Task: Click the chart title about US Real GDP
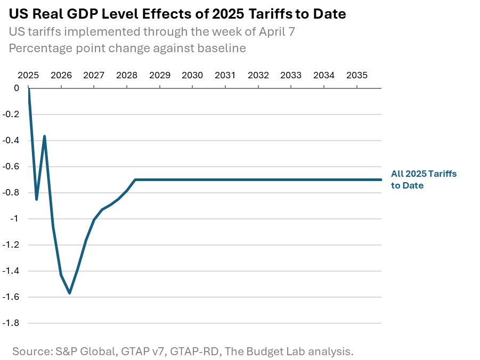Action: (177, 14)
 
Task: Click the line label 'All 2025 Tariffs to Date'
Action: (424, 179)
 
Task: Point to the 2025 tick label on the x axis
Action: (28, 75)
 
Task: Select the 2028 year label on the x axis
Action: (127, 75)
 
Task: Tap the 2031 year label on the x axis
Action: (225, 75)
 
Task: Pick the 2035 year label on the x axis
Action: (357, 75)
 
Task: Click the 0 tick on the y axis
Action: (16, 88)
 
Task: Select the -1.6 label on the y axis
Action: (12, 297)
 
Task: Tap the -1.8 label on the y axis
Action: (12, 323)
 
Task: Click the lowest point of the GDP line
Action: (69, 293)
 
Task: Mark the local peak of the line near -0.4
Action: (45, 136)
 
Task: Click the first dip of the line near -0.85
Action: (36, 199)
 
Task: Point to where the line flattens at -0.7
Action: (135, 179)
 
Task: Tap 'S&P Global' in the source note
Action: (84, 351)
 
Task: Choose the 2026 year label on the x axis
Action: (61, 75)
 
